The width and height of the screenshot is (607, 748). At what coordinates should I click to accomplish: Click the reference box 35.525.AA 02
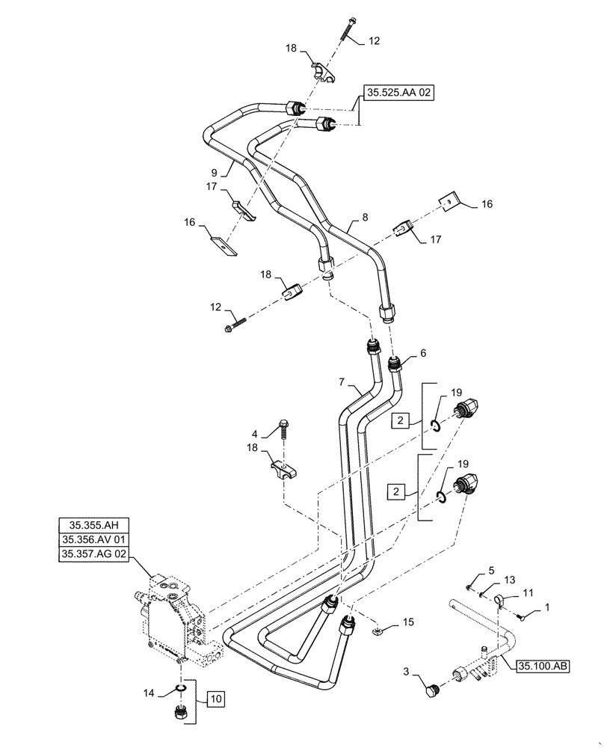coord(399,93)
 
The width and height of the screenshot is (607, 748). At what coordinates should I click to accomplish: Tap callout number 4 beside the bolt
coord(255,433)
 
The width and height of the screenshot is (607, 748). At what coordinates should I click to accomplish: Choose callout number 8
coord(365,218)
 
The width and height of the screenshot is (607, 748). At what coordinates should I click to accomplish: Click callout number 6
coord(422,352)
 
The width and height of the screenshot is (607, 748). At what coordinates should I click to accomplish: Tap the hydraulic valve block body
coord(176,621)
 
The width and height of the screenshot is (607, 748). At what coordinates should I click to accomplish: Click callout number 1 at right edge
coord(548,608)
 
